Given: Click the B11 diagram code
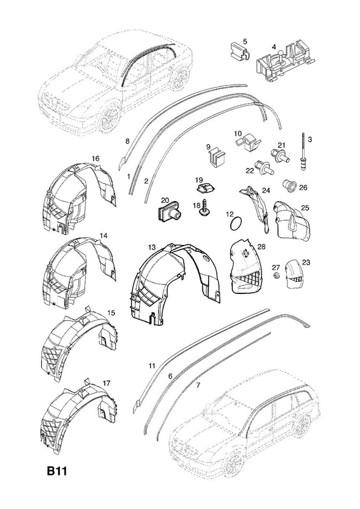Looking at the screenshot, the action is [57, 471].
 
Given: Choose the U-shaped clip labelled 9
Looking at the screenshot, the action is [216, 158].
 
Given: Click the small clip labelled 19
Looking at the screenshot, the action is [205, 188].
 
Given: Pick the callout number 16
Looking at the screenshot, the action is [95, 158].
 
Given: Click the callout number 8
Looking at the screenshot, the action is [127, 141].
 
